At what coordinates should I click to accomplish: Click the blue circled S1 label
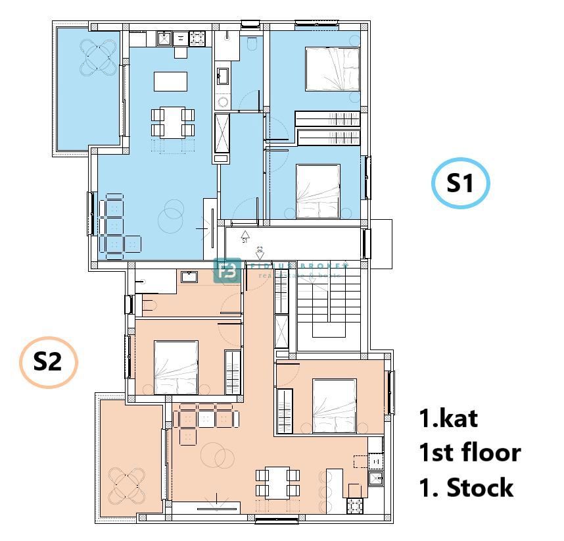460,184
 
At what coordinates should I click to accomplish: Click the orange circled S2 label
48,362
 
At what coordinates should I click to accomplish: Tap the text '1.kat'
449,418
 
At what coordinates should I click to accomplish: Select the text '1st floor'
469,453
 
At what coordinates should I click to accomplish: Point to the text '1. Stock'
466,488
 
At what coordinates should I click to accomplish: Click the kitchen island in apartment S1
170,81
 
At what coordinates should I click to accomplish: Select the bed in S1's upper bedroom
333,69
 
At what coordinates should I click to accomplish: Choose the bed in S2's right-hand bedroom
335,406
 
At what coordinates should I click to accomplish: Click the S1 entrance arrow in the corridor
245,234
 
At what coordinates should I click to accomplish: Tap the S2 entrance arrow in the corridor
260,254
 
